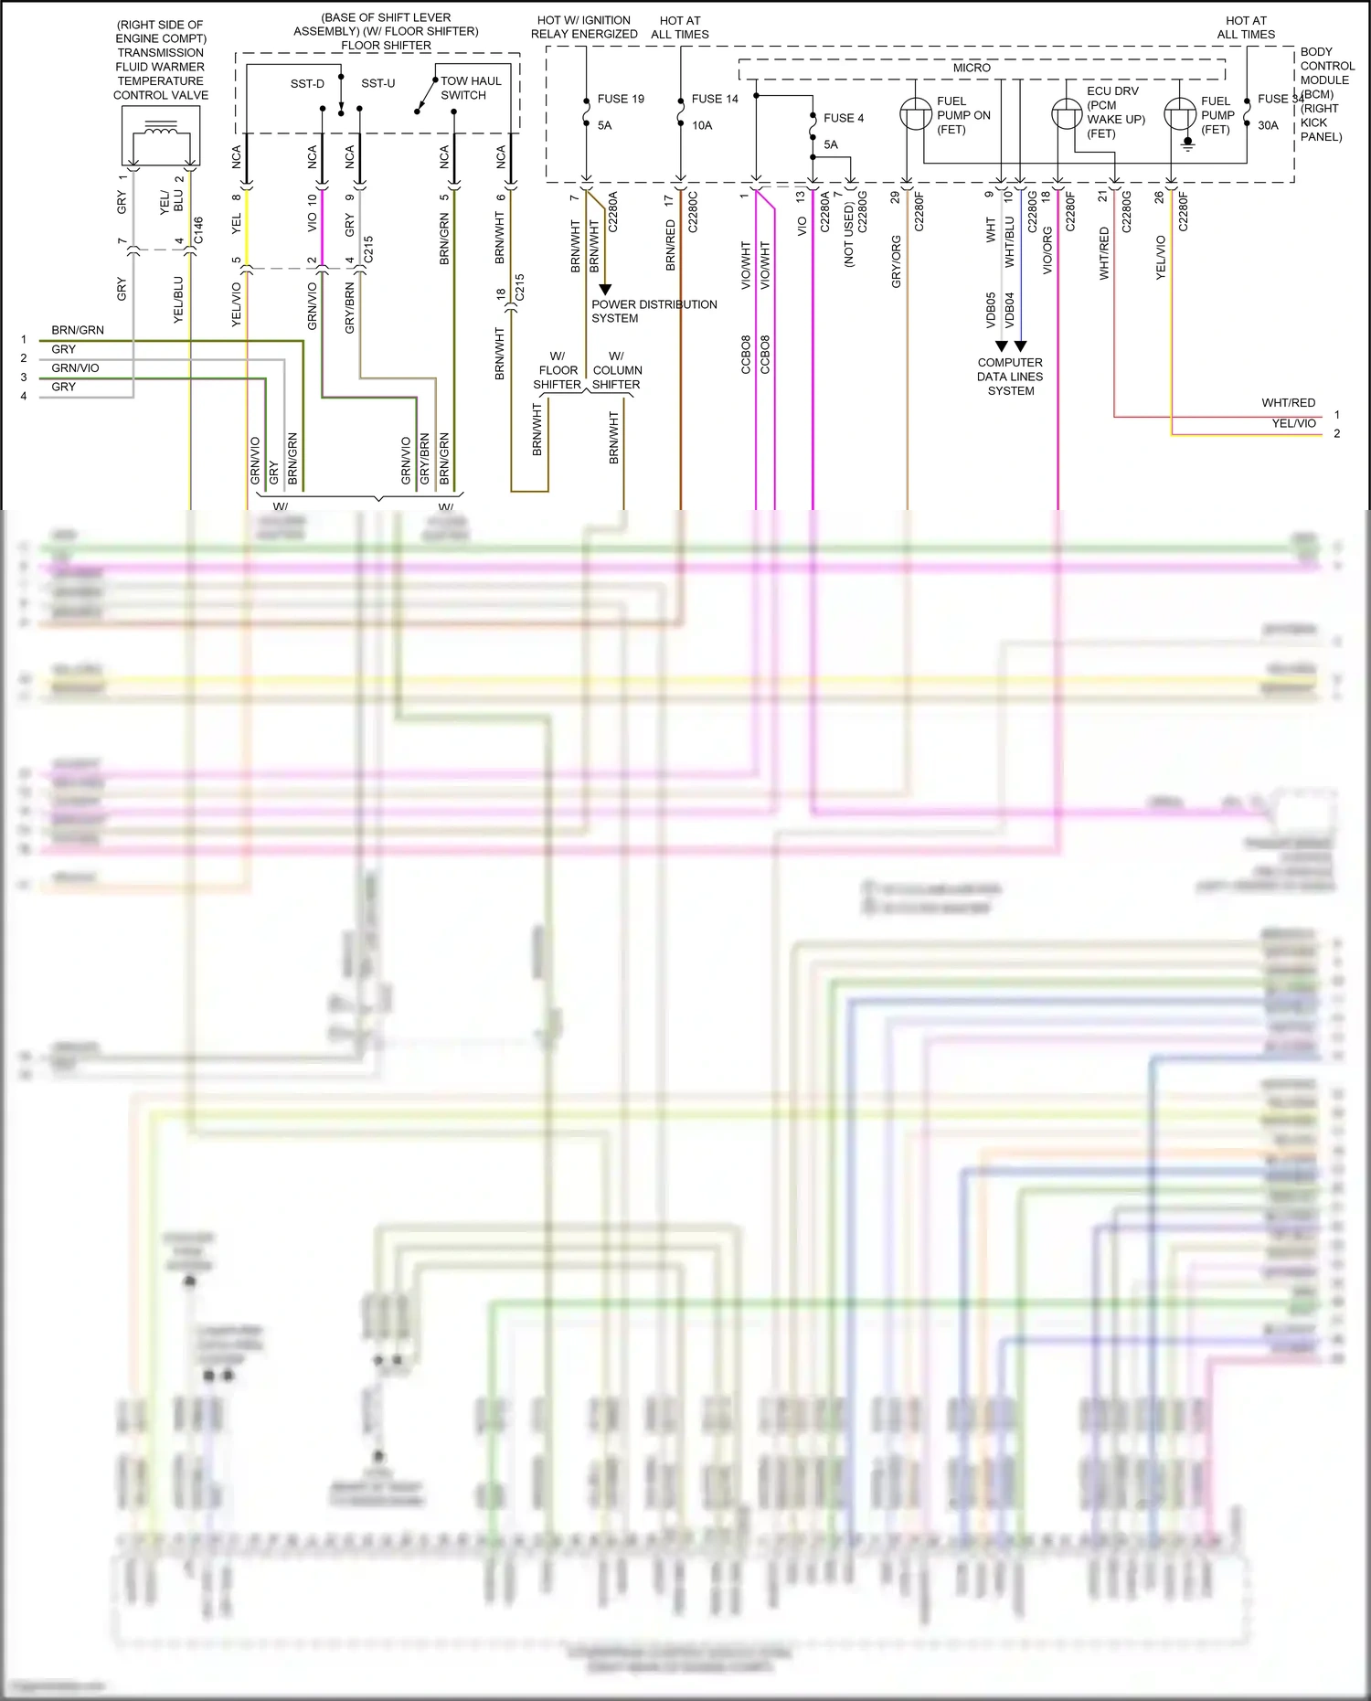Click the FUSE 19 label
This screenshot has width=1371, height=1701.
click(621, 99)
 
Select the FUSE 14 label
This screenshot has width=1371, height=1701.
click(714, 99)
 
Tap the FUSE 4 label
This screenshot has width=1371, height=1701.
click(843, 118)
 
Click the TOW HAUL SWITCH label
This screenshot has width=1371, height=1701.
click(470, 88)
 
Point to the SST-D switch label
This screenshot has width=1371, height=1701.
click(307, 84)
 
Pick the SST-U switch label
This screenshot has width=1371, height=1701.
click(377, 83)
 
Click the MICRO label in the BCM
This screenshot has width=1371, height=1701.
click(971, 68)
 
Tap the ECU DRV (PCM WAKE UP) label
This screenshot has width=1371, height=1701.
click(1114, 112)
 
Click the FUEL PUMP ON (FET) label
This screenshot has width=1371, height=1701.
click(962, 115)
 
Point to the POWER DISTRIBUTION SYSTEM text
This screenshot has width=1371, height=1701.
click(654, 311)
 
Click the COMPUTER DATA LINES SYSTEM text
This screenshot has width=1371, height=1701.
click(1010, 377)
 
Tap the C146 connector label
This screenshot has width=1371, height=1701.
click(198, 230)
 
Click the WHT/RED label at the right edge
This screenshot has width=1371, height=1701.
click(1288, 403)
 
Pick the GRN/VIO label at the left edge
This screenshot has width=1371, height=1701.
click(75, 368)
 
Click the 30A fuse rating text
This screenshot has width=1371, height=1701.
click(1268, 125)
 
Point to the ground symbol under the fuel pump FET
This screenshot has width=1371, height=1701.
click(1187, 144)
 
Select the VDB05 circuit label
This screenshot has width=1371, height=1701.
click(991, 310)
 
